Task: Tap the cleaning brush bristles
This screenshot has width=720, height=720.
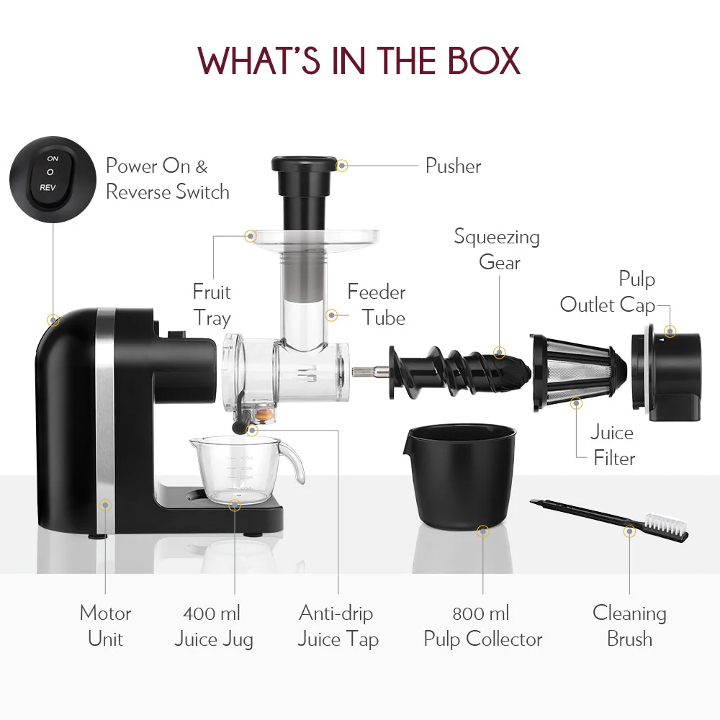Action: [667, 525]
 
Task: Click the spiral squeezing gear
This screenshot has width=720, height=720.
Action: [461, 370]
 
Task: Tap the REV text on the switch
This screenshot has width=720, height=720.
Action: [49, 187]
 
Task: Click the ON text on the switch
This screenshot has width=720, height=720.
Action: [53, 158]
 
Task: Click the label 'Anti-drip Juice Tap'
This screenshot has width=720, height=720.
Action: [338, 626]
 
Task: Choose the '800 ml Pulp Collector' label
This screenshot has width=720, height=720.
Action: [482, 626]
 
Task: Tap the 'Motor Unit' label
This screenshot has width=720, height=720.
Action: [105, 626]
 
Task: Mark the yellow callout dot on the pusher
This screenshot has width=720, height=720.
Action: [342, 166]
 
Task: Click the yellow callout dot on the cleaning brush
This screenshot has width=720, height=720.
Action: [629, 531]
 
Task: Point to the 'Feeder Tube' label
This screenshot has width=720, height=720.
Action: [377, 305]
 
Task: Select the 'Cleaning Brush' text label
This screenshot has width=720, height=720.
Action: [629, 626]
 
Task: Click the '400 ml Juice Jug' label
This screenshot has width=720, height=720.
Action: [213, 626]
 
